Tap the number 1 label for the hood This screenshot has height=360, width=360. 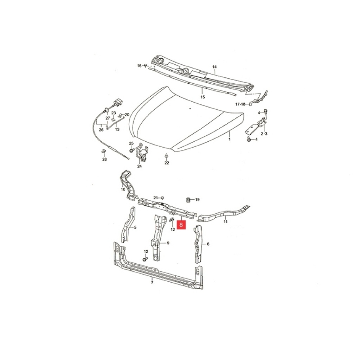pyautogui.click(x=229, y=139)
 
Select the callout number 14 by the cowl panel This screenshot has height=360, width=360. pyautogui.click(x=214, y=67)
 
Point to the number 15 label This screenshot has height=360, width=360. pyautogui.click(x=202, y=97)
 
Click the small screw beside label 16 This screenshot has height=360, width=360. pyautogui.click(x=145, y=66)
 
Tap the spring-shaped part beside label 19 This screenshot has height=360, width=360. pyautogui.click(x=188, y=200)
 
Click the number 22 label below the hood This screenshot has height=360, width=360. pyautogui.click(x=167, y=163)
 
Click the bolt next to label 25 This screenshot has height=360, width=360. pyautogui.click(x=131, y=150)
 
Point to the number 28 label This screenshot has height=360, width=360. pyautogui.click(x=104, y=159)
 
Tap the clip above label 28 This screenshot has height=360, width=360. pyautogui.click(x=103, y=151)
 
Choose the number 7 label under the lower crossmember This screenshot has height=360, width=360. pyautogui.click(x=152, y=282)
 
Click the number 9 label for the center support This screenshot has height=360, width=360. pyautogui.click(x=168, y=243)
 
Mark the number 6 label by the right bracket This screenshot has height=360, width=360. pyautogui.click(x=208, y=244)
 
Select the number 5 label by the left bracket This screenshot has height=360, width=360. pyautogui.click(x=135, y=227)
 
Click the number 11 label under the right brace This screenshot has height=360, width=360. pyautogui.click(x=225, y=221)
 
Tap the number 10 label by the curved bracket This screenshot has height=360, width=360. pyautogui.click(x=123, y=189)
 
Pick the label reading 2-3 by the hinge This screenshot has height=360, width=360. pyautogui.click(x=264, y=134)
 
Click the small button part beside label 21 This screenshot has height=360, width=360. pyautogui.click(x=162, y=198)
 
